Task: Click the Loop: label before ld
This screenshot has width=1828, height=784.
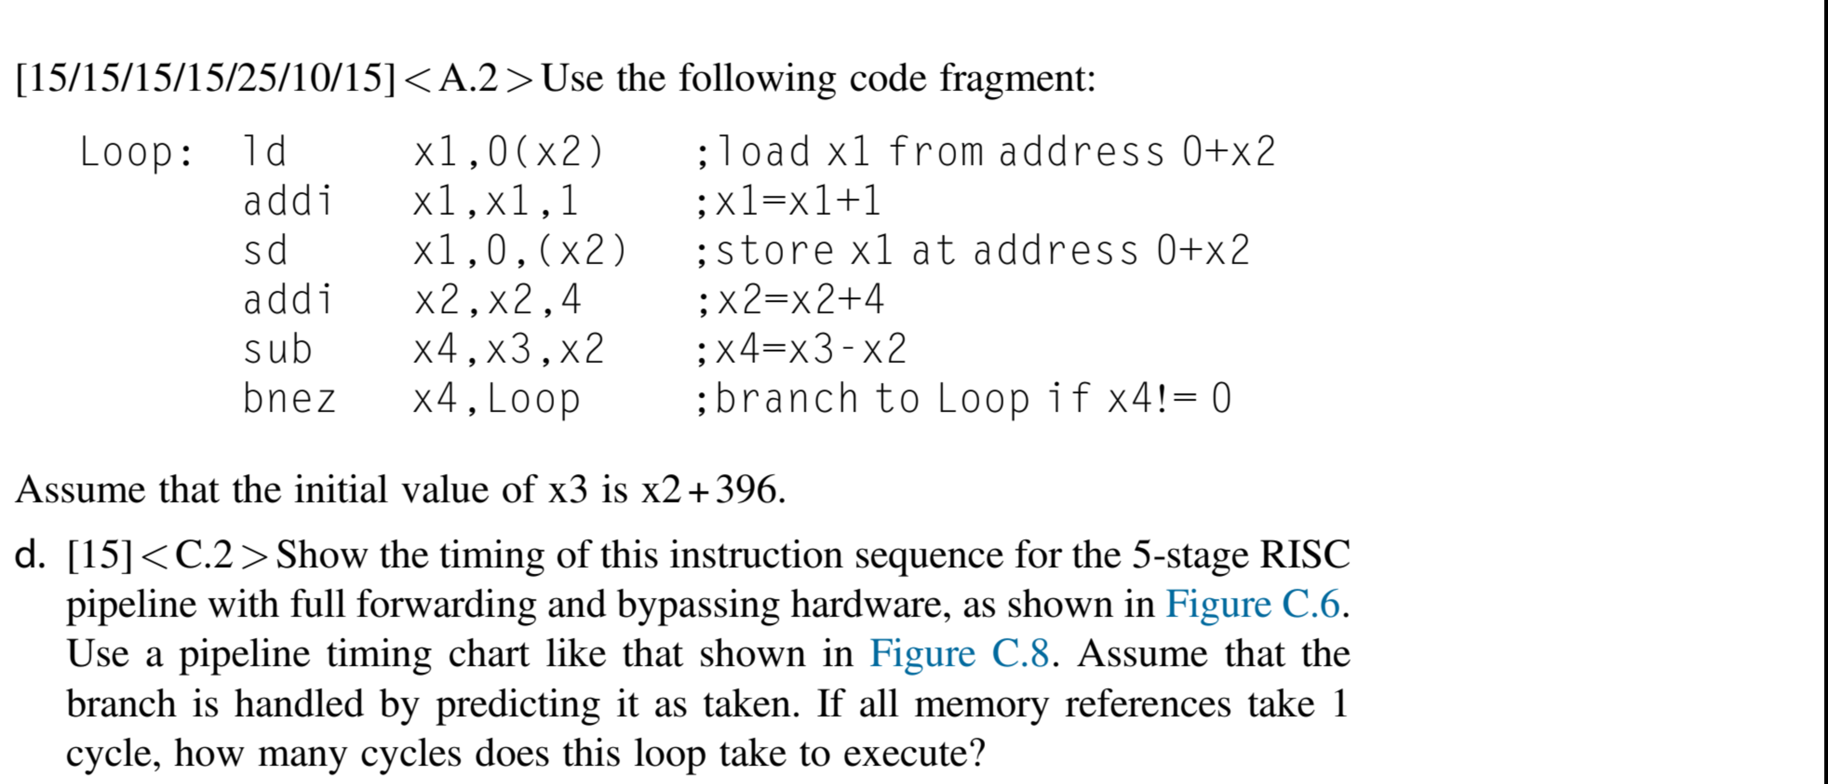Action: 136,152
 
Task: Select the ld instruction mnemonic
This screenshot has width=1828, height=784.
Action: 265,152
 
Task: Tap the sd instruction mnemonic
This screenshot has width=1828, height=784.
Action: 265,250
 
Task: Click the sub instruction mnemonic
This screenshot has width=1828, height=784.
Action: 277,349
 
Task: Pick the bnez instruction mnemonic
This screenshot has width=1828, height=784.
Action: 289,399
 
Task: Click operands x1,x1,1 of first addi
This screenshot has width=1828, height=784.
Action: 496,202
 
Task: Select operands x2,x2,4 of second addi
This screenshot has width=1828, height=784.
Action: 497,300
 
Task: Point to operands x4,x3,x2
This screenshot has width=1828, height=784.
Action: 508,349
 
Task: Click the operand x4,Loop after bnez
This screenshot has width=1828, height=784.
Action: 497,399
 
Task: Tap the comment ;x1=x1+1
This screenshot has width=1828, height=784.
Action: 788,202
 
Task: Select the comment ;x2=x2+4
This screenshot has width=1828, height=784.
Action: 790,300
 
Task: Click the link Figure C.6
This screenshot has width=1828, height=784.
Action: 1252,604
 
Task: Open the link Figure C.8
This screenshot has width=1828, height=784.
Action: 960,653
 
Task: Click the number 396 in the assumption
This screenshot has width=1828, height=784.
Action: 746,489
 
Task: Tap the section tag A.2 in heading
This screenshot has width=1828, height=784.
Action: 468,78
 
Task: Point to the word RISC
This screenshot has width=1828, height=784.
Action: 1304,554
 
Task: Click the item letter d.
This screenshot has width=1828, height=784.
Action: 29,554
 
